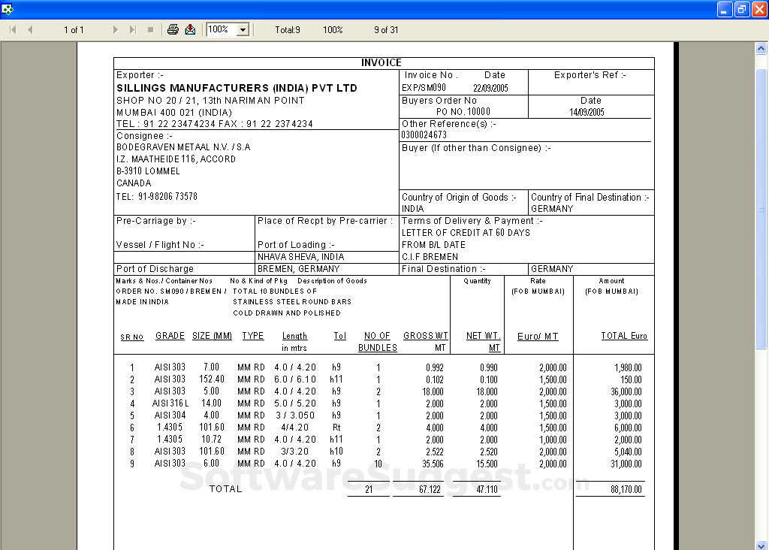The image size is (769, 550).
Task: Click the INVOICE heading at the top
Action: click(381, 63)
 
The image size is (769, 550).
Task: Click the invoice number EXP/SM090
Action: click(424, 88)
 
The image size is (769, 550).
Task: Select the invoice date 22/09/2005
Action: click(490, 88)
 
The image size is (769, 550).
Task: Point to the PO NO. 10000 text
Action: click(463, 112)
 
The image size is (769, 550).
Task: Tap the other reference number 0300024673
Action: click(424, 135)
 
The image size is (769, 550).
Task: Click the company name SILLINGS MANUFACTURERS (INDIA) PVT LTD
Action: click(237, 88)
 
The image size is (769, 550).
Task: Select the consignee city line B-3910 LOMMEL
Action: click(148, 171)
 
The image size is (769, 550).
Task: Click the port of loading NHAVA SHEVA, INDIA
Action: click(300, 257)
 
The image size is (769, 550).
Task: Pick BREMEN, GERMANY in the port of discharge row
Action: click(298, 269)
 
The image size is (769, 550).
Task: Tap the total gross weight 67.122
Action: click(430, 489)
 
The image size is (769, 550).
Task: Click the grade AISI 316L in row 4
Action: click(170, 403)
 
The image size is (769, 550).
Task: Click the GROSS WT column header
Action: click(426, 336)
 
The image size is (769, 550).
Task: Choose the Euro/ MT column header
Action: click(538, 337)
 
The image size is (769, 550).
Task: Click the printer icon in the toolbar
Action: click(173, 29)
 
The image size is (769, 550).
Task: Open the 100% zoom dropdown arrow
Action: click(243, 30)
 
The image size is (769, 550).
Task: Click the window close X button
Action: click(758, 9)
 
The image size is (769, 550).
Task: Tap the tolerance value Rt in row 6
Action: click(336, 428)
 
